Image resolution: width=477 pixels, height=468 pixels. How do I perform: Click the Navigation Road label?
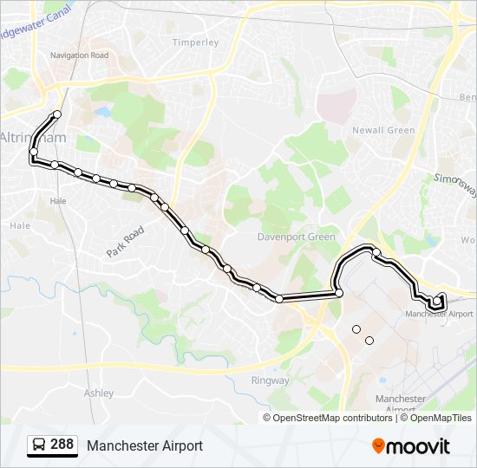click(x=79, y=55)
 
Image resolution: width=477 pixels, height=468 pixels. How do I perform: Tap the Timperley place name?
click(x=195, y=42)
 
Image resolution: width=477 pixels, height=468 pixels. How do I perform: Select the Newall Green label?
click(x=383, y=130)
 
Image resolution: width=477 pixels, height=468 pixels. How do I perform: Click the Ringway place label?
click(x=270, y=380)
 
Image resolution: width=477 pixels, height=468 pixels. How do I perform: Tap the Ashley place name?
click(x=98, y=393)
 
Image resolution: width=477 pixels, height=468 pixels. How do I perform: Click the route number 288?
click(x=62, y=445)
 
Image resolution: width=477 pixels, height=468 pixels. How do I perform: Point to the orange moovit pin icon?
click(x=378, y=445)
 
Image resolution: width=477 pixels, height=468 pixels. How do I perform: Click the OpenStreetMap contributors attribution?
click(x=332, y=418)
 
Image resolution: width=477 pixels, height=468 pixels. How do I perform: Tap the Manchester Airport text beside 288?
click(x=144, y=445)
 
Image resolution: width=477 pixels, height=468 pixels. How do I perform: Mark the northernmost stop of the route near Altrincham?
click(x=57, y=114)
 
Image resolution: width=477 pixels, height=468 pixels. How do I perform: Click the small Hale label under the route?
click(x=58, y=200)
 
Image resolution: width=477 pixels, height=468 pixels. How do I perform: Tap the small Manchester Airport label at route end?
click(x=440, y=314)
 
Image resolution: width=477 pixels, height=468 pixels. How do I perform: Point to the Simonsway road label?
click(x=454, y=186)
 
